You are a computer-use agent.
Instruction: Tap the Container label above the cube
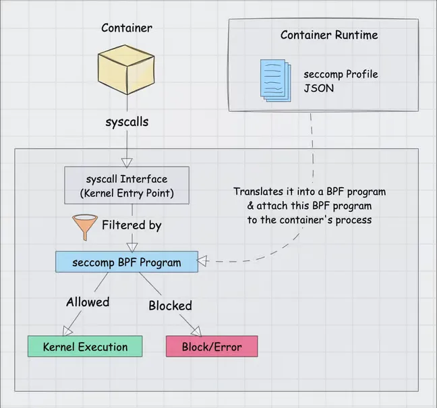tap(126, 28)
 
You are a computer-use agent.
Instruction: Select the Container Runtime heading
tap(329, 35)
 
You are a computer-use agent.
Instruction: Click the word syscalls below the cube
tap(126, 123)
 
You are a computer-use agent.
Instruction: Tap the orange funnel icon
tap(84, 227)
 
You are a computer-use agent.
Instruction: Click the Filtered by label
tap(132, 225)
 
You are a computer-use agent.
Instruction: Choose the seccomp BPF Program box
tap(126, 262)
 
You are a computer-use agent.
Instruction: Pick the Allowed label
tap(87, 302)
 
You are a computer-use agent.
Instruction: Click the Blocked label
tap(170, 305)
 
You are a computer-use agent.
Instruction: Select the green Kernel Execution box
tap(85, 347)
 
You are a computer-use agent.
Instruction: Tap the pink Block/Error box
tap(212, 347)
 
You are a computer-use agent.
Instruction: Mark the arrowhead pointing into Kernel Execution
tap(67, 330)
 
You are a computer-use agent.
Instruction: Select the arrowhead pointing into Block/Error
tap(196, 330)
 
